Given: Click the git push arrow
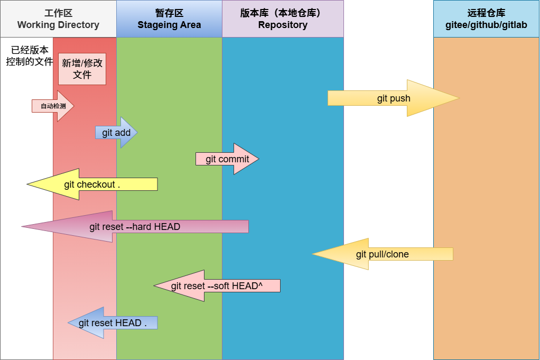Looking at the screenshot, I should tap(393, 98).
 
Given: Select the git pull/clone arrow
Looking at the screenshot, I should tap(382, 254).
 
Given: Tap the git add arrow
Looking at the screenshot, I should tap(116, 133).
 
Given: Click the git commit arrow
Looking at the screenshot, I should tap(227, 159).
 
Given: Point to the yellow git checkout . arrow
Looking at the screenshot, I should tap(92, 184).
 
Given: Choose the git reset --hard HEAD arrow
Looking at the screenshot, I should tap(135, 227).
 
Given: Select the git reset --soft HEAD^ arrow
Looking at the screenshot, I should tap(217, 286).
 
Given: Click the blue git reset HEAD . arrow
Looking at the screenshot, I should tap(113, 323).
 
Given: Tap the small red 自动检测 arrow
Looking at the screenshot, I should tap(53, 106).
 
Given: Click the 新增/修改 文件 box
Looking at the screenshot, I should tap(82, 69).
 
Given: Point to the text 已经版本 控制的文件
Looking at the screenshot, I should tap(30, 56).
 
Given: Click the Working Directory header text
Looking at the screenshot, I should tap(58, 25).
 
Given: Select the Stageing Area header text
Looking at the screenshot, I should tap(169, 25).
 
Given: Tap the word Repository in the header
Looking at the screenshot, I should tap(283, 25).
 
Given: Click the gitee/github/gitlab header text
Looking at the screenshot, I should tap(486, 25).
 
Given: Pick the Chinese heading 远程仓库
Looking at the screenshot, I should tap(486, 13).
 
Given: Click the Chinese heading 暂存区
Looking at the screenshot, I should tap(169, 13).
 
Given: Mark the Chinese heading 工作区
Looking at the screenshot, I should tap(58, 13).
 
